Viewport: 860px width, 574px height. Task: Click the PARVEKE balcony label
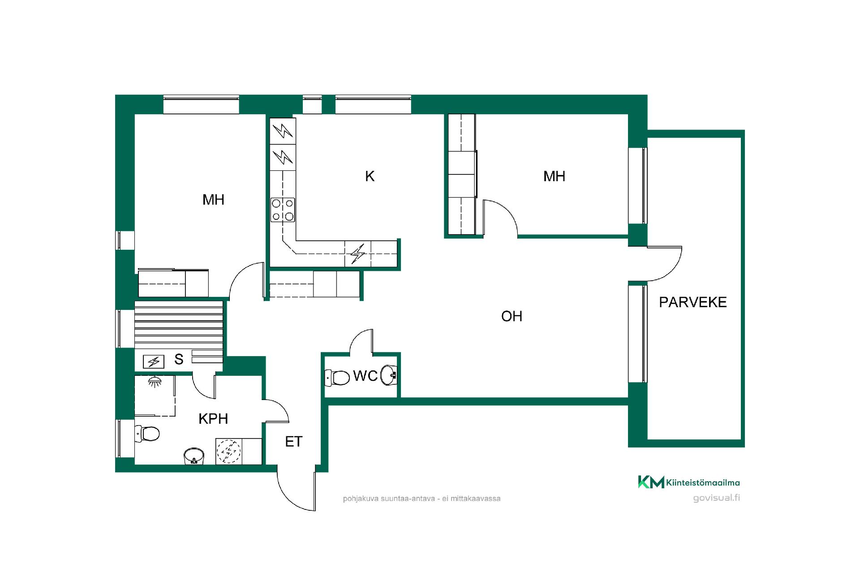(692, 302)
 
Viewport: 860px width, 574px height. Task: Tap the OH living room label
(512, 316)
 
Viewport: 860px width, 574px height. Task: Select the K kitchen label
(370, 176)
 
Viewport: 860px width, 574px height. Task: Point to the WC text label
(365, 376)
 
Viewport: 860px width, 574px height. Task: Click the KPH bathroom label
(213, 419)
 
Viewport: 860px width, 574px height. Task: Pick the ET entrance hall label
(294, 442)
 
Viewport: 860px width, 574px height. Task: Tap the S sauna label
(179, 359)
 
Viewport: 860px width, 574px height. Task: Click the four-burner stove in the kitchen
(283, 210)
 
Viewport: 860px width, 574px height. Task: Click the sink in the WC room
(389, 375)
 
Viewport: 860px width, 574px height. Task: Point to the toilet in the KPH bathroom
(147, 434)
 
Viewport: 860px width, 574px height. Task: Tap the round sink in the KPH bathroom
(194, 456)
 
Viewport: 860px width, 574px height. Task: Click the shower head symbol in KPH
(155, 382)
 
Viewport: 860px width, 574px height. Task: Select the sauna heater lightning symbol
(154, 361)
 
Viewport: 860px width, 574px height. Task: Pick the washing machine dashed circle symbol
(229, 451)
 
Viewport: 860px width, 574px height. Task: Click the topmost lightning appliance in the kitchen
(283, 131)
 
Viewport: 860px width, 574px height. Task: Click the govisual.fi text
(716, 498)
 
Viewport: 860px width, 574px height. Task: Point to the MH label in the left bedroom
(213, 200)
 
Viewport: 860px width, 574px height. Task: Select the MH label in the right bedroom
(554, 176)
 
